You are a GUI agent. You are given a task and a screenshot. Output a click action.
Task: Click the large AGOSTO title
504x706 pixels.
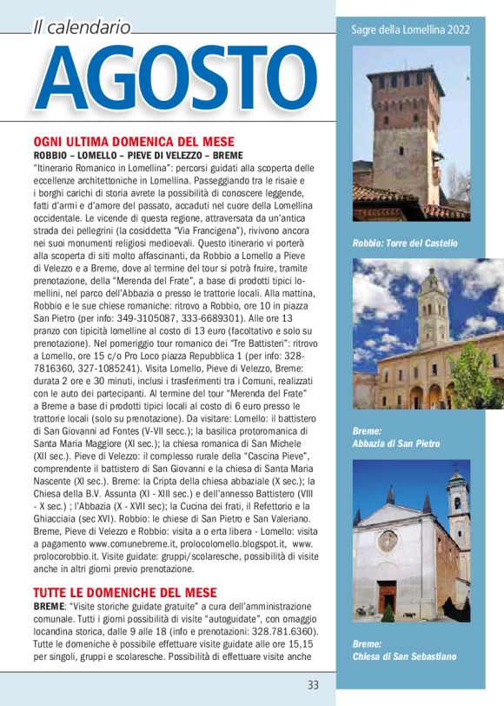pos(170,82)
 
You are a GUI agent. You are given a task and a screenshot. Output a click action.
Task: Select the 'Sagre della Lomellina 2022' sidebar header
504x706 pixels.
pos(410,30)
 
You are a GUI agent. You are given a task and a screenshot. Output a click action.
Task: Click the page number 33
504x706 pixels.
pos(313,684)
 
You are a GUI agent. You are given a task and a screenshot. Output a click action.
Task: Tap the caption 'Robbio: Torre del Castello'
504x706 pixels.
pos(405,243)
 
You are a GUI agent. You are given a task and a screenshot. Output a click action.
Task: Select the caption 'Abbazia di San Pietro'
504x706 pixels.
pos(395,444)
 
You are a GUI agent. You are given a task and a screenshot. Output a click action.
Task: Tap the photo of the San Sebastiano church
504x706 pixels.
pos(410,540)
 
